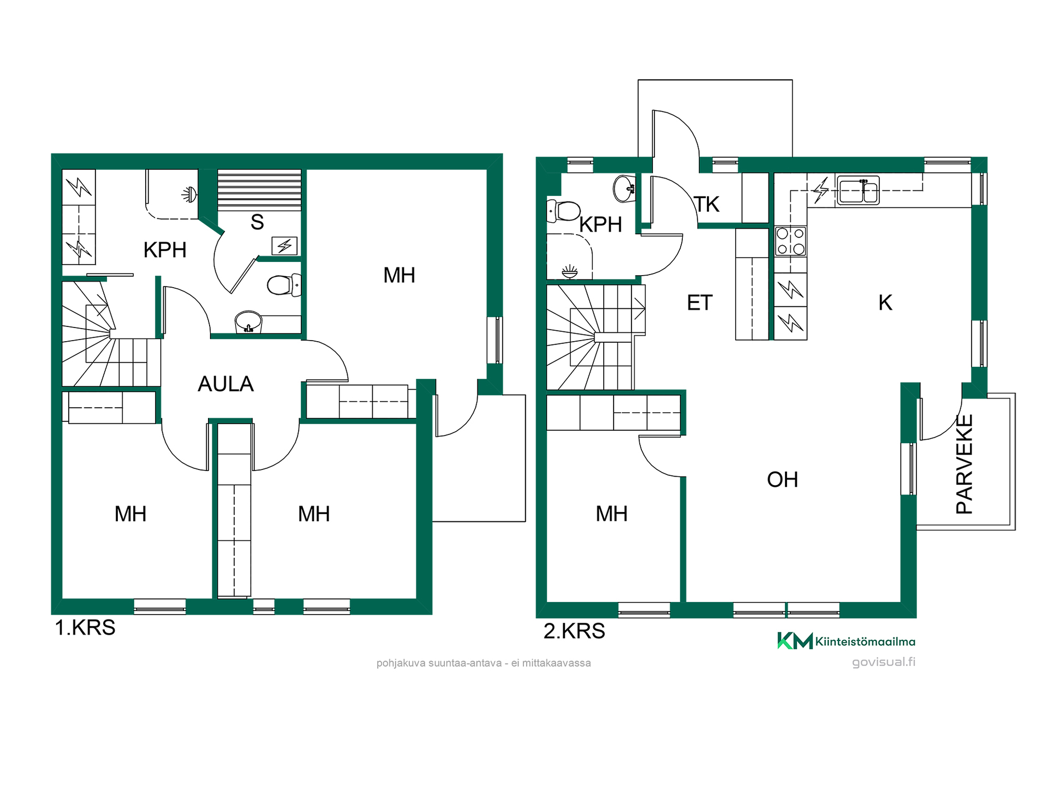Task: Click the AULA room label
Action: tap(225, 384)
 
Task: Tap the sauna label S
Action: tap(257, 223)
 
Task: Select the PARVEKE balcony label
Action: tap(964, 465)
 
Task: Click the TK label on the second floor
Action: tap(707, 205)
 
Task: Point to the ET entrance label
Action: tap(700, 303)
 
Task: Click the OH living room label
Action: tap(782, 480)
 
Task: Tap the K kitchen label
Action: tap(885, 302)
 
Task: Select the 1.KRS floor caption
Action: tap(85, 628)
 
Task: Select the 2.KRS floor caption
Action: tap(574, 631)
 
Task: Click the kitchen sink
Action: tap(858, 190)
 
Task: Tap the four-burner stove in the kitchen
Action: tap(790, 241)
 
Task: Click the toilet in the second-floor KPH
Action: tap(563, 211)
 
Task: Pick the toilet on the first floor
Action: tap(284, 285)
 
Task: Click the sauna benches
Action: tap(259, 190)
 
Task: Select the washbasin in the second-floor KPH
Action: tap(624, 189)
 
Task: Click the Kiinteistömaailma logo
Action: tap(846, 641)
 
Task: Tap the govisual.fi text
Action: tap(884, 662)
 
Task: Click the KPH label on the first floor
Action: tap(165, 250)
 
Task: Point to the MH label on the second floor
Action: tap(611, 514)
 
